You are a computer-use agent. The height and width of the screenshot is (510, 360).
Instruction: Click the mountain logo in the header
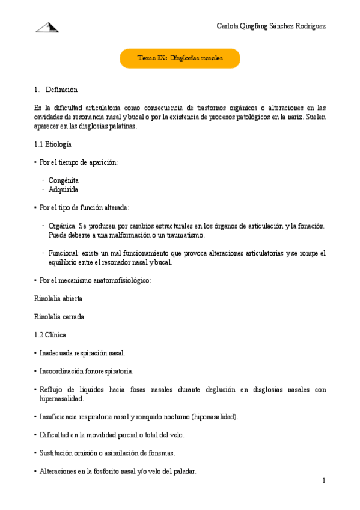coord(47,27)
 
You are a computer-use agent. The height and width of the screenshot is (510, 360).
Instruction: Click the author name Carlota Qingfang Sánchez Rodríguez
coord(271,26)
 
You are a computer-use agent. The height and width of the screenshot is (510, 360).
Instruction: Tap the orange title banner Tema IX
coord(180,58)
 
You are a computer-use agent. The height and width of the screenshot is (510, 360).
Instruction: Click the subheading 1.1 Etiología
coord(53,144)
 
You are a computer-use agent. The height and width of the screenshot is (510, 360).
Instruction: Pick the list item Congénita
coord(64,180)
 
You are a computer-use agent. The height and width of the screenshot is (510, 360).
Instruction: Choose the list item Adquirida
coord(64,189)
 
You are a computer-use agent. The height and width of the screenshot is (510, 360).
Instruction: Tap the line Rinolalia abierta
coord(59,298)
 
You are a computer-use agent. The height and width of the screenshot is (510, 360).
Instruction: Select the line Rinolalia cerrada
coord(59,316)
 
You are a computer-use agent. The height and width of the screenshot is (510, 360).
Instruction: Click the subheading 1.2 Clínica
coord(50,334)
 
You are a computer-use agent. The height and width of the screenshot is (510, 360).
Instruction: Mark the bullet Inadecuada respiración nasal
coord(82,353)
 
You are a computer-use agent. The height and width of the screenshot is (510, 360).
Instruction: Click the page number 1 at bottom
coord(323,481)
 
